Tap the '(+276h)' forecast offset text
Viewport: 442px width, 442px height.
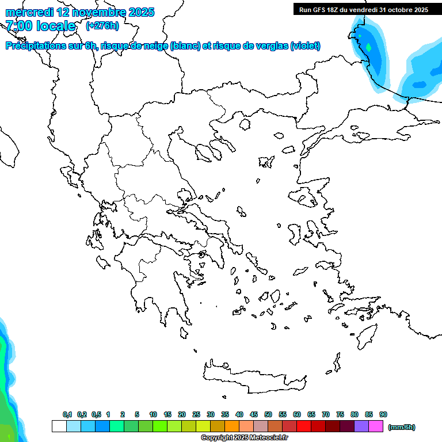(102, 25)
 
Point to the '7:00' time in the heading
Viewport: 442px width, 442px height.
(18, 26)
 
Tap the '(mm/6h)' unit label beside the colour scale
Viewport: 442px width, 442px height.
(402, 427)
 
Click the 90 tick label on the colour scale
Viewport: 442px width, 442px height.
(383, 414)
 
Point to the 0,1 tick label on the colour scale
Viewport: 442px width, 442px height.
(67, 414)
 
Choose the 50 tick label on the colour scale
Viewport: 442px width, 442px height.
(268, 414)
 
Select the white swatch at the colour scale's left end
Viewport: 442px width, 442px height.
(59, 426)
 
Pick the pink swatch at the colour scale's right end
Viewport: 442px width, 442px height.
(376, 426)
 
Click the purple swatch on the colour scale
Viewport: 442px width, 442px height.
(361, 426)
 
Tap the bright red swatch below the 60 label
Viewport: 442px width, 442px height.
(304, 426)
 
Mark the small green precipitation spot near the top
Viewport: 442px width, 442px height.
(368, 47)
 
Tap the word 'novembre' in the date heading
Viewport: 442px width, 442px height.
(95, 12)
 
